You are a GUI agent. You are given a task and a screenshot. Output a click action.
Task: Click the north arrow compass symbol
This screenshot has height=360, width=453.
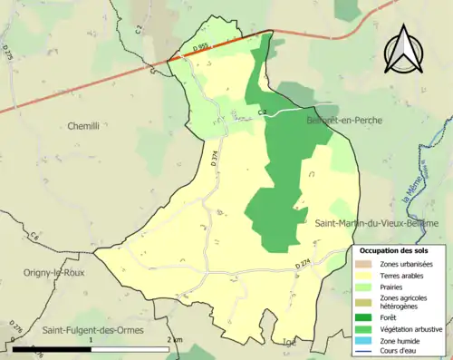[404, 49]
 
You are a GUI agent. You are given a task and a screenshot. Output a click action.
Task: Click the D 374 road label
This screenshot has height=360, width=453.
[203, 158]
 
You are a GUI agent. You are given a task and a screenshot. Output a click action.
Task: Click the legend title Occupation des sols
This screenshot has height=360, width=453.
[396, 250]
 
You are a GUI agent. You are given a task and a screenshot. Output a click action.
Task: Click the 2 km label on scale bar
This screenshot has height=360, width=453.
[175, 338]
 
